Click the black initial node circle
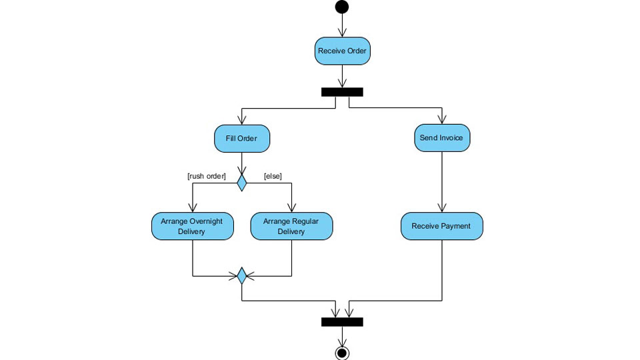pos(342,7)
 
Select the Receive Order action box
pos(342,51)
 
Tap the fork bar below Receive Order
pos(342,92)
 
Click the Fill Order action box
pos(241,139)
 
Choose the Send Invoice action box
pos(441,138)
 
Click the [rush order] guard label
pos(206,176)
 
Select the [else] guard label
pos(273,176)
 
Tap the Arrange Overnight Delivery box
pos(192,227)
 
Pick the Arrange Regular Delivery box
pos(291,227)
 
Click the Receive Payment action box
pos(441,227)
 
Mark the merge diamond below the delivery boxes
pos(241,275)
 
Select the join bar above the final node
pos(342,322)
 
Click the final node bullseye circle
pos(342,352)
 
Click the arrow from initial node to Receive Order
pos(342,25)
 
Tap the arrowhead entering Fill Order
pos(241,121)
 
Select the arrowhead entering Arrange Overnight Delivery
pos(192,208)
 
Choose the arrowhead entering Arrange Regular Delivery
pos(291,208)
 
